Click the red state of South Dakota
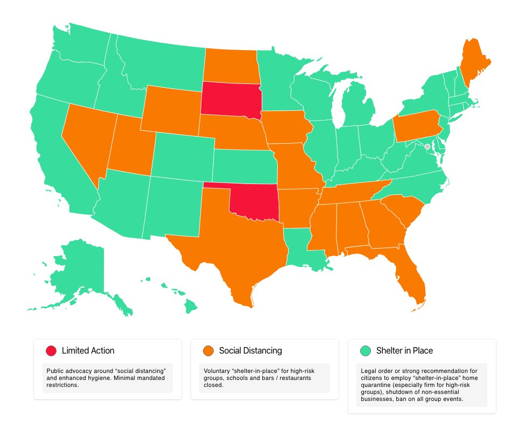click(x=230, y=98)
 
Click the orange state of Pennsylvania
click(x=415, y=126)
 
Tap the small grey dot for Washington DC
click(x=427, y=146)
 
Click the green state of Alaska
click(x=81, y=269)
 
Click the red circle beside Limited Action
click(x=51, y=351)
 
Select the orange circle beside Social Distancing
click(x=208, y=351)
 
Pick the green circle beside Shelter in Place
click(x=366, y=351)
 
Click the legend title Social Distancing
click(x=250, y=351)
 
